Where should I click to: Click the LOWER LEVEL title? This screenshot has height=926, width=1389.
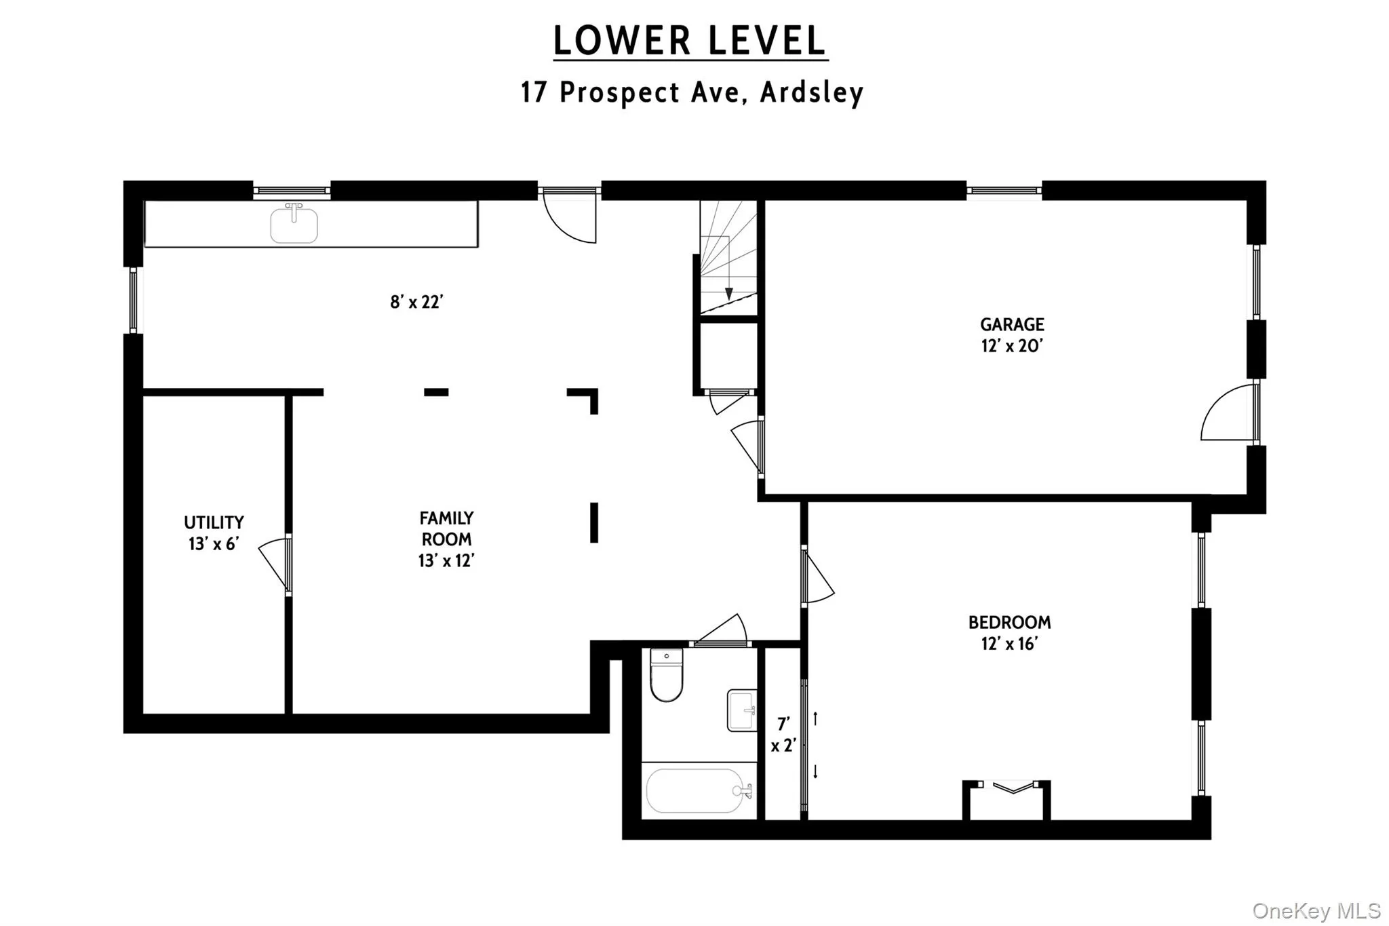pyautogui.click(x=690, y=41)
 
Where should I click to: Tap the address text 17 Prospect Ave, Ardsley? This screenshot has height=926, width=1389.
pyautogui.click(x=692, y=92)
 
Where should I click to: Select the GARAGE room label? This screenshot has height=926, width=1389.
pyautogui.click(x=1011, y=334)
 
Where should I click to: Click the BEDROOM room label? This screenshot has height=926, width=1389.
pyautogui.click(x=1009, y=632)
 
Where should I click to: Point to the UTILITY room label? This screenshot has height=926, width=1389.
pyautogui.click(x=214, y=533)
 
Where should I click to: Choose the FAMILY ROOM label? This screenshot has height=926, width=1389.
pyautogui.click(x=446, y=539)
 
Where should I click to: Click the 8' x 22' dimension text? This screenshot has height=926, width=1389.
pyautogui.click(x=416, y=302)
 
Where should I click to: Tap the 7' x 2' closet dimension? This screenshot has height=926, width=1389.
pyautogui.click(x=783, y=735)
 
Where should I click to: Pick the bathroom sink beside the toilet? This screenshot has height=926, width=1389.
pyautogui.click(x=742, y=710)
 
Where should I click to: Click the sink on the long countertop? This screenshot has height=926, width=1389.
pyautogui.click(x=294, y=225)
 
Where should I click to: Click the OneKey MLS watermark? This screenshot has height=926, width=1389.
pyautogui.click(x=1316, y=910)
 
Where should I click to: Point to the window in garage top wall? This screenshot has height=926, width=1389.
pyautogui.click(x=1004, y=191)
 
